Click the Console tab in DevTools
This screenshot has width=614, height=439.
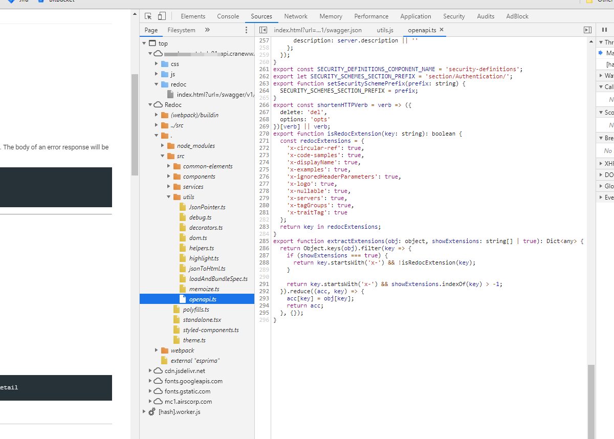pos(228,16)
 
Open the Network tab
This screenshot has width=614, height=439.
pos(296,16)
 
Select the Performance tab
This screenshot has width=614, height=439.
pos(371,16)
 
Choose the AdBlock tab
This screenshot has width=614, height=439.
pos(517,16)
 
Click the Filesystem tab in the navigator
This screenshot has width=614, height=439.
pos(181,30)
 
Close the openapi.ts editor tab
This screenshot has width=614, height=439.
pos(442,30)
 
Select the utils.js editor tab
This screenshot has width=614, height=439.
pos(385,30)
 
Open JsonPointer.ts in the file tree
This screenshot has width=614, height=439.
pos(207,207)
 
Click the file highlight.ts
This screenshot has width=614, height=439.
pos(204,258)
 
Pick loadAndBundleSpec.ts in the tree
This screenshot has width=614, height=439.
pos(218,279)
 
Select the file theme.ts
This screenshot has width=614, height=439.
pos(194,340)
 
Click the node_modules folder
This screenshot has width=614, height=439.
pos(195,146)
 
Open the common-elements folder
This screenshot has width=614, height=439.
pos(207,166)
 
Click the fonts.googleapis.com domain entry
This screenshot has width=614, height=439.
pos(193,381)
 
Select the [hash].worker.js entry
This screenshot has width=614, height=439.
pos(179,412)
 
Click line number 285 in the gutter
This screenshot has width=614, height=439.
pos(264,241)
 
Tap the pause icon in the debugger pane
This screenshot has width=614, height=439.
pos(604,30)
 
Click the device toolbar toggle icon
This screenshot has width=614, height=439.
pos(162,16)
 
